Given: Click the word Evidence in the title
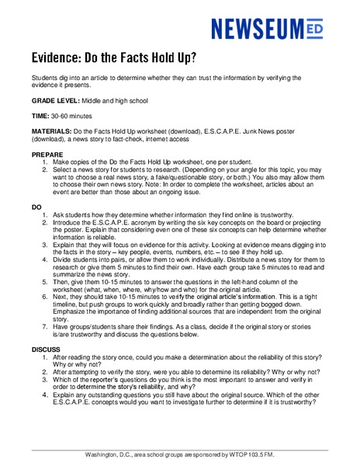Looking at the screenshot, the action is (x=61, y=58).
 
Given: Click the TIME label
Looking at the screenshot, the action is (x=41, y=115).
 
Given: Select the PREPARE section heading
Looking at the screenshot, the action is (x=48, y=155).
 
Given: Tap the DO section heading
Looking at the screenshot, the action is (x=36, y=207).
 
